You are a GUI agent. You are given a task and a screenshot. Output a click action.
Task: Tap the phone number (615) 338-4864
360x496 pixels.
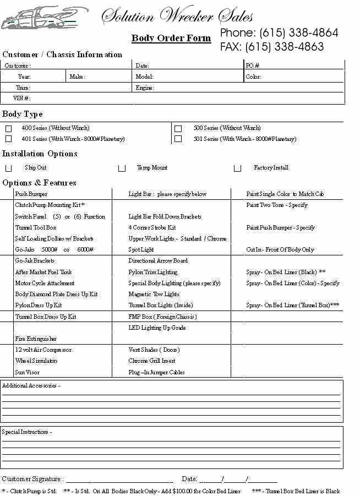tap(298, 32)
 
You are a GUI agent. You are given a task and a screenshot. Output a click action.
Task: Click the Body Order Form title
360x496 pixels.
tap(171, 38)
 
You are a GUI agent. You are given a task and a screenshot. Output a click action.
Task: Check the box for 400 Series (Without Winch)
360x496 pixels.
tap(8, 128)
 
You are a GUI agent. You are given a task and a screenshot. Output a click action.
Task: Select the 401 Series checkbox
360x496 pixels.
tap(8, 139)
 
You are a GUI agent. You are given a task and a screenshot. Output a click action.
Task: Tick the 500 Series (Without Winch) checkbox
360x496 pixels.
tap(178, 128)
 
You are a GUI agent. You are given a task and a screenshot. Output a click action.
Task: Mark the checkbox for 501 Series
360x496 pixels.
tap(178, 139)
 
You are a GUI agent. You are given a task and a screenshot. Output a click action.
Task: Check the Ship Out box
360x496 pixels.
tap(8, 168)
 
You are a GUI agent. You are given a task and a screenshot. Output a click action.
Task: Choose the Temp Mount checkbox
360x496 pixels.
tap(122, 168)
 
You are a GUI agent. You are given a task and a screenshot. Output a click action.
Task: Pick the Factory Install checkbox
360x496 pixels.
tap(237, 168)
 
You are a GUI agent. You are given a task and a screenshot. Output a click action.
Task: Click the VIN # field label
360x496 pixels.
tap(22, 98)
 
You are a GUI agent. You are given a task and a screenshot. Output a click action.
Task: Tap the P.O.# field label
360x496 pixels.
tap(253, 66)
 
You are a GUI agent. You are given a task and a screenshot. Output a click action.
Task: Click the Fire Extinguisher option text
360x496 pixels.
tap(36, 339)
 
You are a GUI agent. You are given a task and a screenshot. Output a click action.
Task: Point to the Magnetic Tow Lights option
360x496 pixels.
tap(154, 294)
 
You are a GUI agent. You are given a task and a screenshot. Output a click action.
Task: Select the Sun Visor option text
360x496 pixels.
tap(27, 372)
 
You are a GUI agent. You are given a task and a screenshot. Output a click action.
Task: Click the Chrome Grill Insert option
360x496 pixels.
tap(152, 361)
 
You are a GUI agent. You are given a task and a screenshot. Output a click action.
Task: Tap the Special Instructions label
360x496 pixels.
tap(27, 432)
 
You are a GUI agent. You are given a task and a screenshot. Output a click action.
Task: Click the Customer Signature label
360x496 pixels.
tap(32, 479)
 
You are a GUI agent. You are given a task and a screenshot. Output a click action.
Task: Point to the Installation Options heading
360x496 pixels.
tap(40, 154)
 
